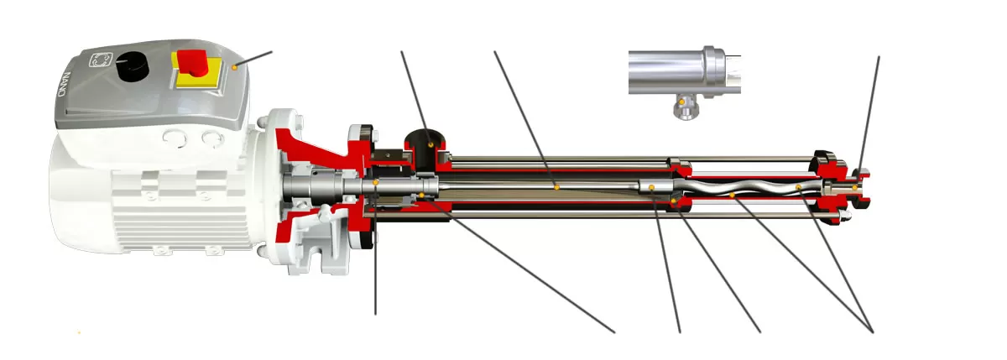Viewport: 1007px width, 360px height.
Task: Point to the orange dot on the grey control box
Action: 236,65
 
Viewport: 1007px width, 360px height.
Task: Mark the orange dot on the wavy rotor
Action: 733,196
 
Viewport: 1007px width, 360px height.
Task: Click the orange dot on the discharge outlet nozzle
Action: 854,188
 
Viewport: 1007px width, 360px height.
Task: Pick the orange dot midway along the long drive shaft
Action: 555,187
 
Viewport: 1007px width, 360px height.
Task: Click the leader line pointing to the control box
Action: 256,57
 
